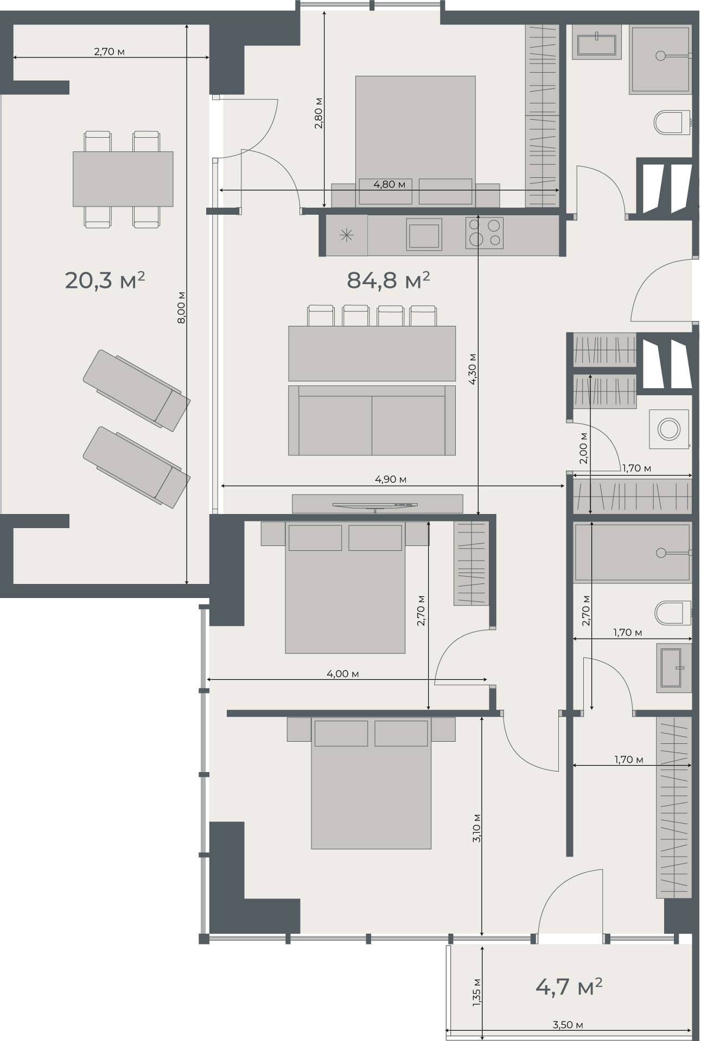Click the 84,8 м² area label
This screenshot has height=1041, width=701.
[388, 280]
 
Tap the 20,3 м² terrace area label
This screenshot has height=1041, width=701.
[105, 280]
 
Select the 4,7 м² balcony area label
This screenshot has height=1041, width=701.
[569, 986]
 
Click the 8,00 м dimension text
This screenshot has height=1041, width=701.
[182, 307]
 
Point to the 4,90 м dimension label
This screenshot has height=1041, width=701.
[391, 479]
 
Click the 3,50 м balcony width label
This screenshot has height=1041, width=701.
[568, 1025]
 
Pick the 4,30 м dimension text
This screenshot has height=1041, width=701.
[473, 369]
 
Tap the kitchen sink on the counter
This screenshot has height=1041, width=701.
[424, 235]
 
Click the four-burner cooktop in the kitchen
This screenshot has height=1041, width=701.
[484, 233]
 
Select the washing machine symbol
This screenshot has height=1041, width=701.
[669, 429]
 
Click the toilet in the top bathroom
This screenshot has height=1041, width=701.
[671, 123]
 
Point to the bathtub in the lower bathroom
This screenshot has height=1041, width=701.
[632, 553]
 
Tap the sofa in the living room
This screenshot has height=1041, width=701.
[372, 420]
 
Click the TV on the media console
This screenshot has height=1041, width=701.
[374, 505]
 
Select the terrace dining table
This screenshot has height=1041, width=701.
[123, 179]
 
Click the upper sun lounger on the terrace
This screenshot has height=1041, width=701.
[136, 390]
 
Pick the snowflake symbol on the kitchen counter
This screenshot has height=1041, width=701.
[346, 235]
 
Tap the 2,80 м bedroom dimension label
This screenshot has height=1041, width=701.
[318, 113]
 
